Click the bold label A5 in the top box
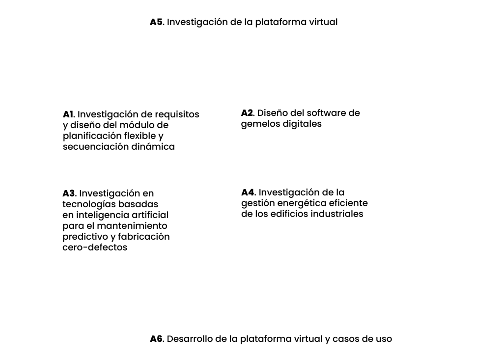click(157, 22)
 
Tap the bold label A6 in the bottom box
click(157, 339)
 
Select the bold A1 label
click(68, 114)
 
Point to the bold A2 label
click(247, 112)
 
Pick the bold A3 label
click(69, 193)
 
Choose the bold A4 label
click(248, 192)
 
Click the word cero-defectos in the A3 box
click(95, 248)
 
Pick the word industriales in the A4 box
click(337, 214)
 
